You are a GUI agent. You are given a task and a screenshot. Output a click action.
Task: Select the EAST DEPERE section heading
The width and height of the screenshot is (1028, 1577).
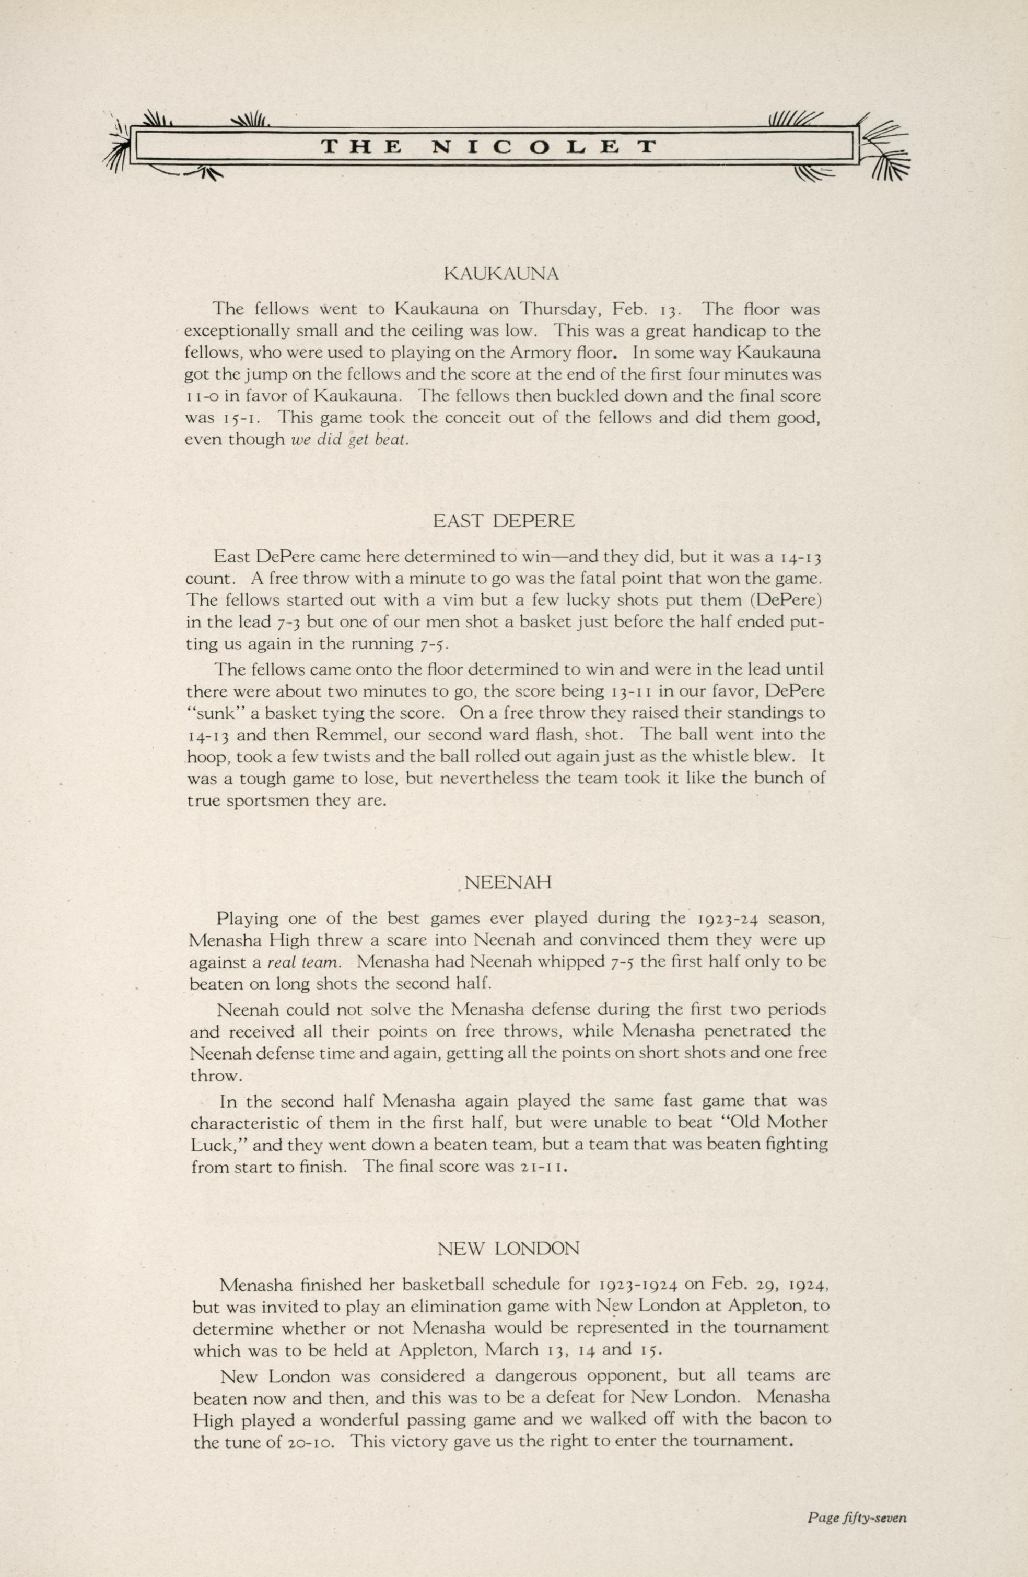(x=504, y=521)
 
